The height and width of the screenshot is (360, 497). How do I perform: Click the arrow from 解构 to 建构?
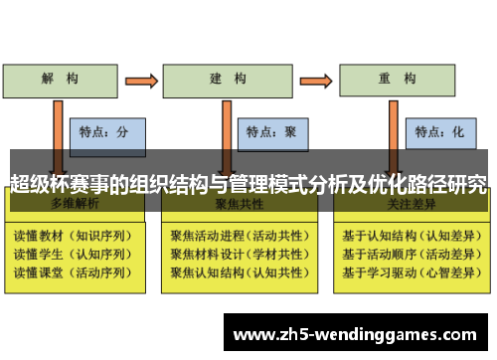140,80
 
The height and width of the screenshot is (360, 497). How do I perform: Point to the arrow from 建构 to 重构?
313,80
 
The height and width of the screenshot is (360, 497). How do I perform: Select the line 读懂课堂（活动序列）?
71,272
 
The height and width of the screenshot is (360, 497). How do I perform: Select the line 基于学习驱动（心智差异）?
408,272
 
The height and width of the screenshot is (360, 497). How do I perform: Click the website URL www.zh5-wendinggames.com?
358,334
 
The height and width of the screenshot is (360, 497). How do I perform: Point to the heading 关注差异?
407,204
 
